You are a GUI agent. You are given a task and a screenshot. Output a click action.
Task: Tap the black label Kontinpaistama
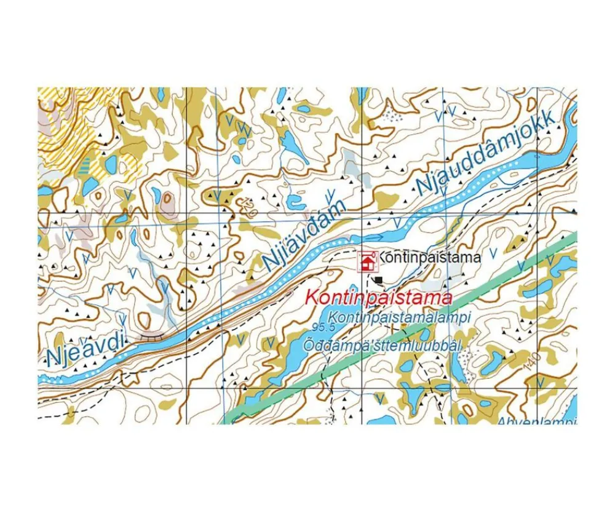click(x=429, y=257)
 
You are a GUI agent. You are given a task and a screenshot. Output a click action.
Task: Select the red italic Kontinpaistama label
click(x=379, y=298)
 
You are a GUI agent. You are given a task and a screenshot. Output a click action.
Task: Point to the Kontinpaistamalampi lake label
click(x=399, y=318)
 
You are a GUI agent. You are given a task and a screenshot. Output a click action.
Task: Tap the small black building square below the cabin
click(x=378, y=280)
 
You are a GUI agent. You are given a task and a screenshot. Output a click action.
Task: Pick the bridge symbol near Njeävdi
click(x=152, y=336)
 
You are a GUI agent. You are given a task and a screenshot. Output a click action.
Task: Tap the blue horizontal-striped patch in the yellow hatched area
click(x=85, y=164)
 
